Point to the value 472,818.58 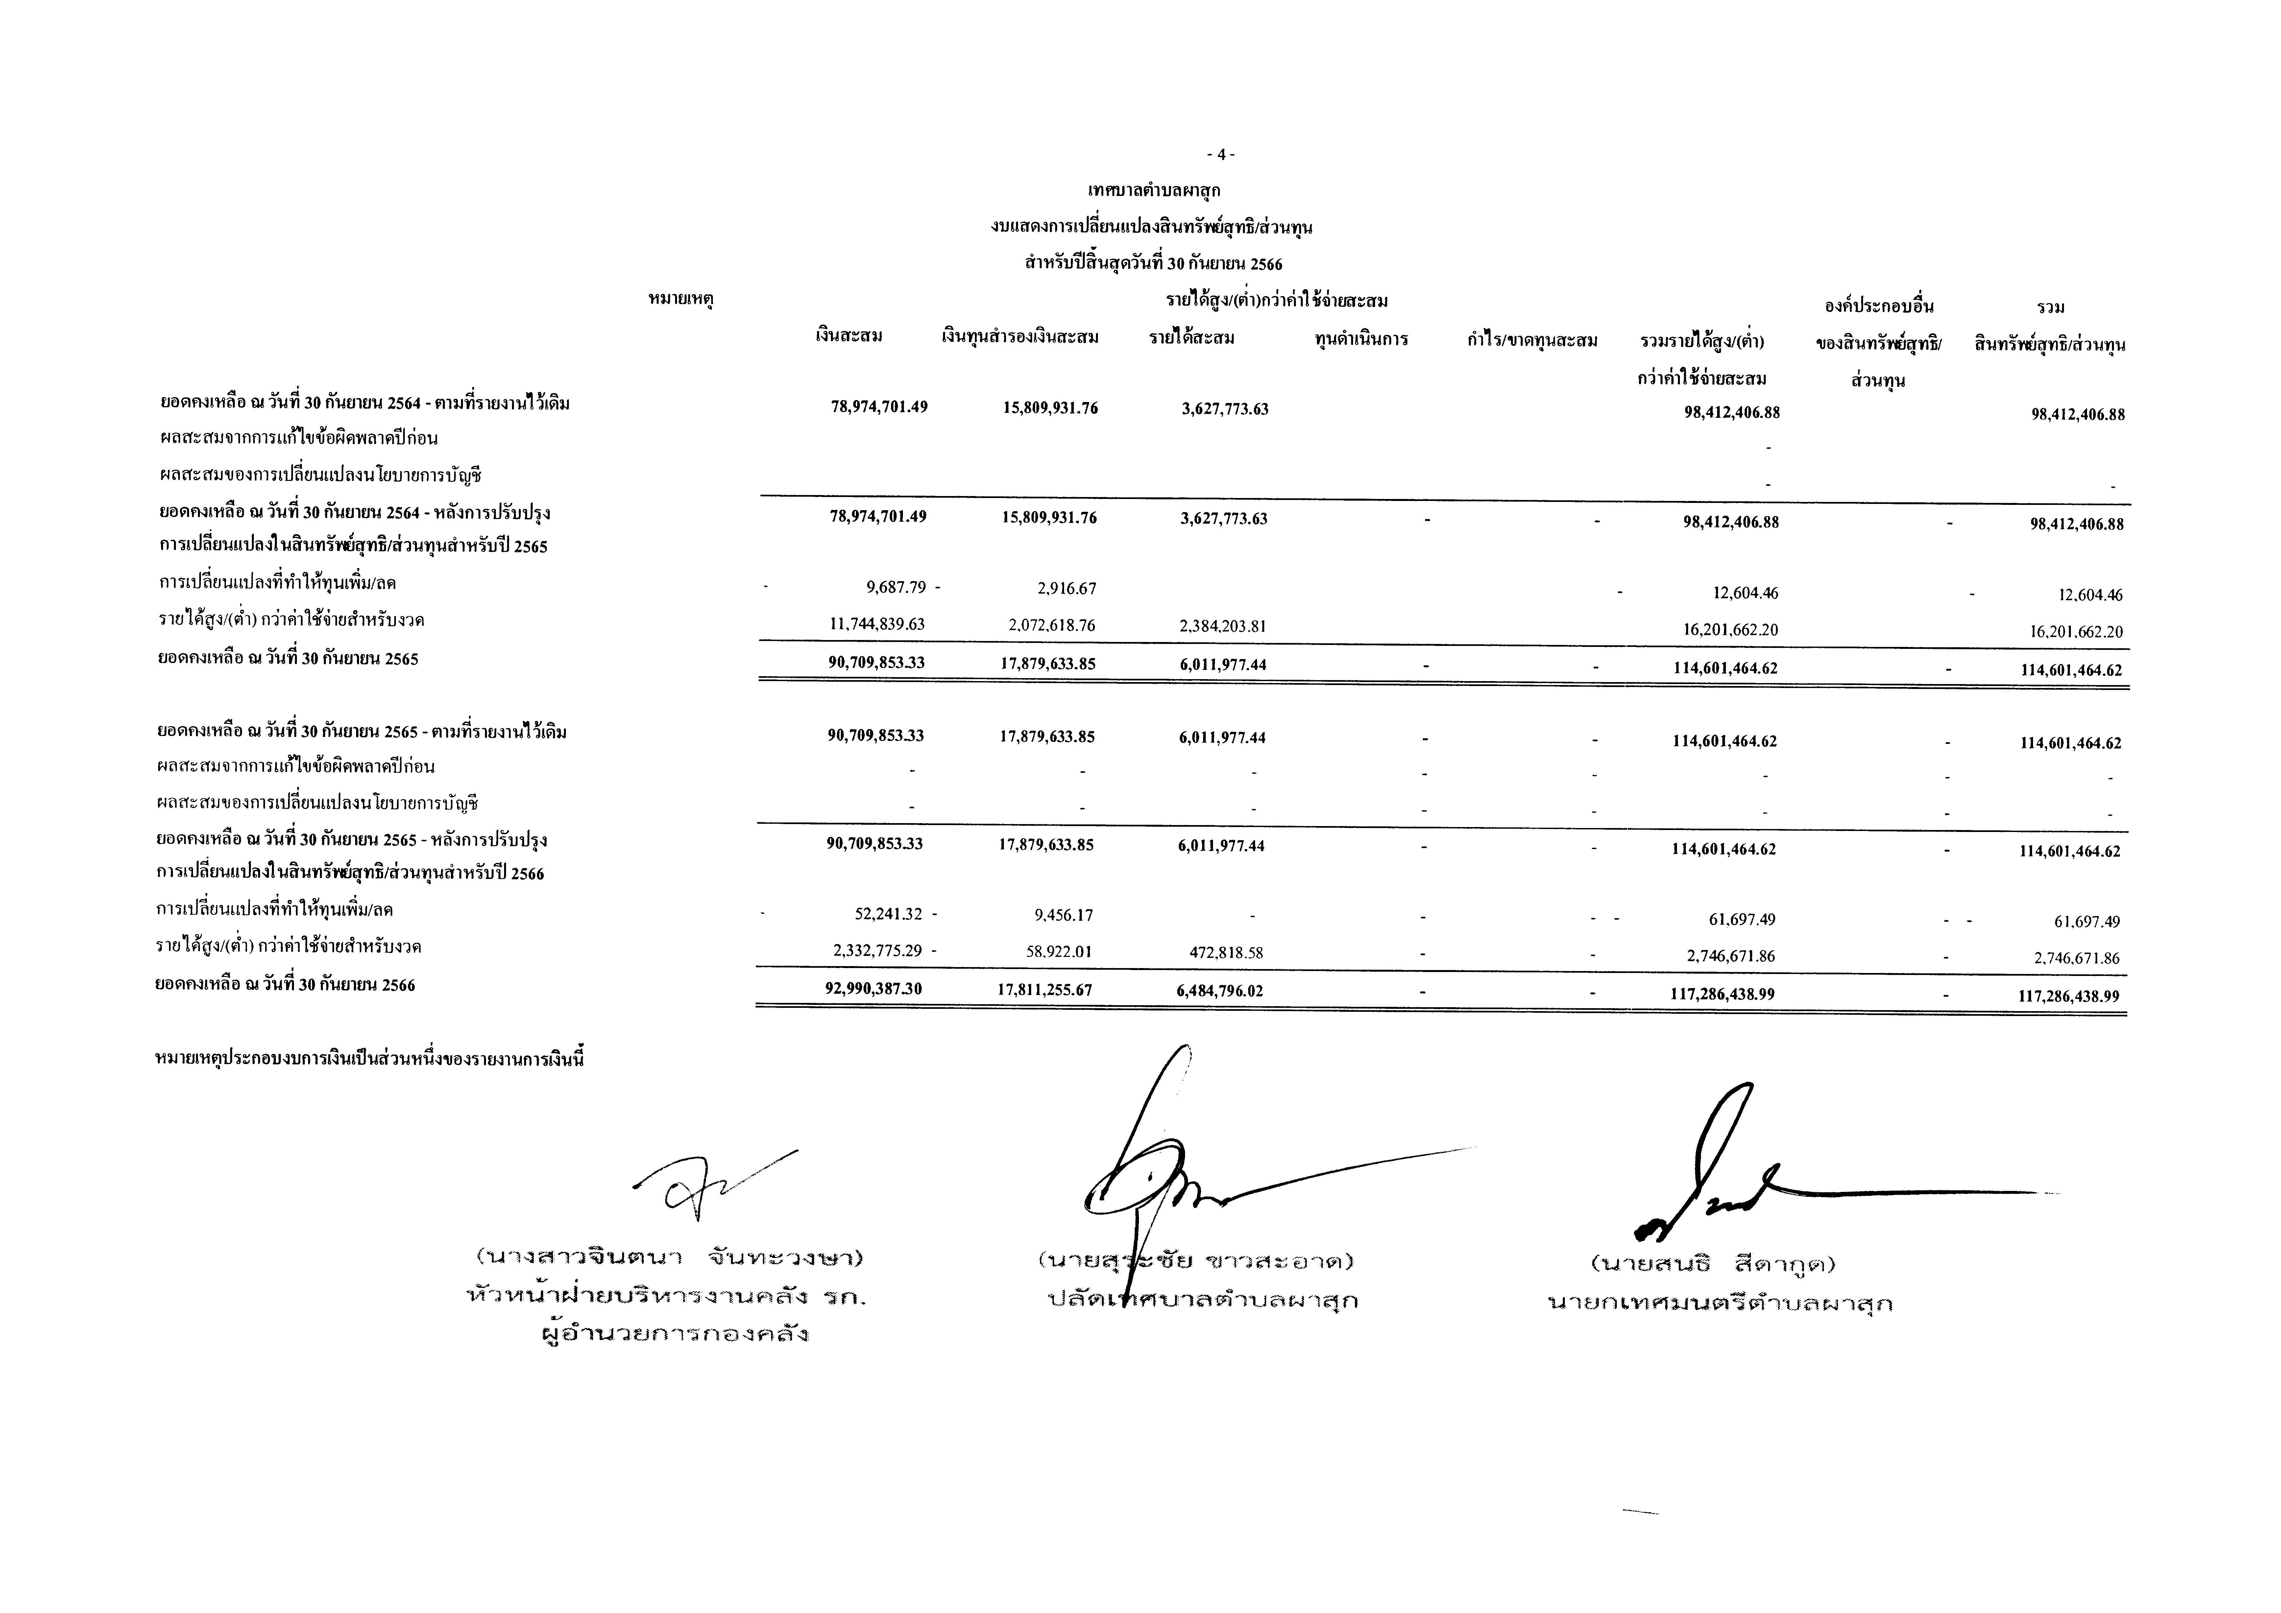pyautogui.click(x=1226, y=953)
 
